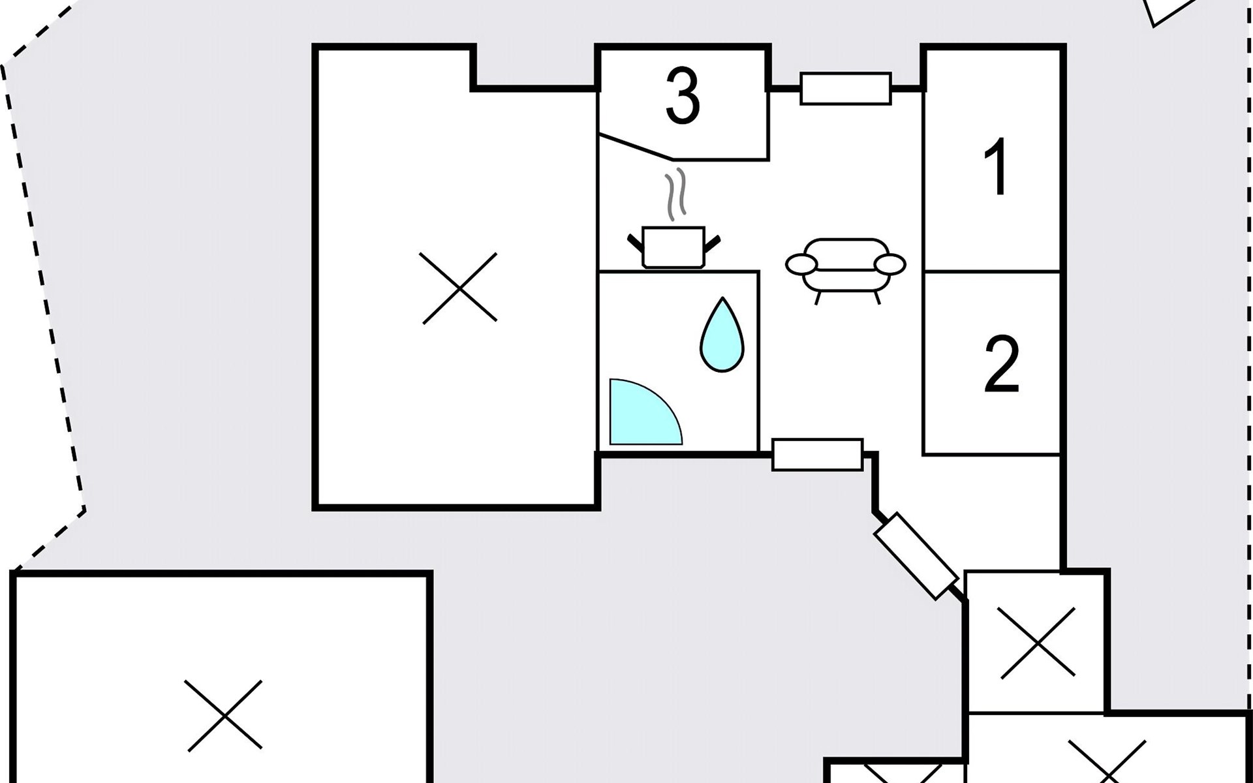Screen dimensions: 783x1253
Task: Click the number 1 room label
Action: (x=997, y=168)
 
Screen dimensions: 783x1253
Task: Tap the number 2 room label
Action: (x=1001, y=365)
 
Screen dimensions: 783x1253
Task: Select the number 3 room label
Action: (x=683, y=97)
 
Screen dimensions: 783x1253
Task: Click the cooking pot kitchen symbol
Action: (x=673, y=247)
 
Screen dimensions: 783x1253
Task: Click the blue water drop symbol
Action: (x=722, y=335)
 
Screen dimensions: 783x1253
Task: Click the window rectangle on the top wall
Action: (x=846, y=88)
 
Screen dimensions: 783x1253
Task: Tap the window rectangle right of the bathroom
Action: (x=817, y=454)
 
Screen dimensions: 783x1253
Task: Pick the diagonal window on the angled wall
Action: (x=916, y=555)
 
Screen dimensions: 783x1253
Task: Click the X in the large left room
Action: (x=459, y=288)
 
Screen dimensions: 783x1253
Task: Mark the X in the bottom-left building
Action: (x=224, y=715)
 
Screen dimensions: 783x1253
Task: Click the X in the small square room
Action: (x=1036, y=642)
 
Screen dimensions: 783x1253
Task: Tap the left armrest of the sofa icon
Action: (x=801, y=264)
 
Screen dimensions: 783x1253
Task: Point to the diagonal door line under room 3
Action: (x=636, y=147)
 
